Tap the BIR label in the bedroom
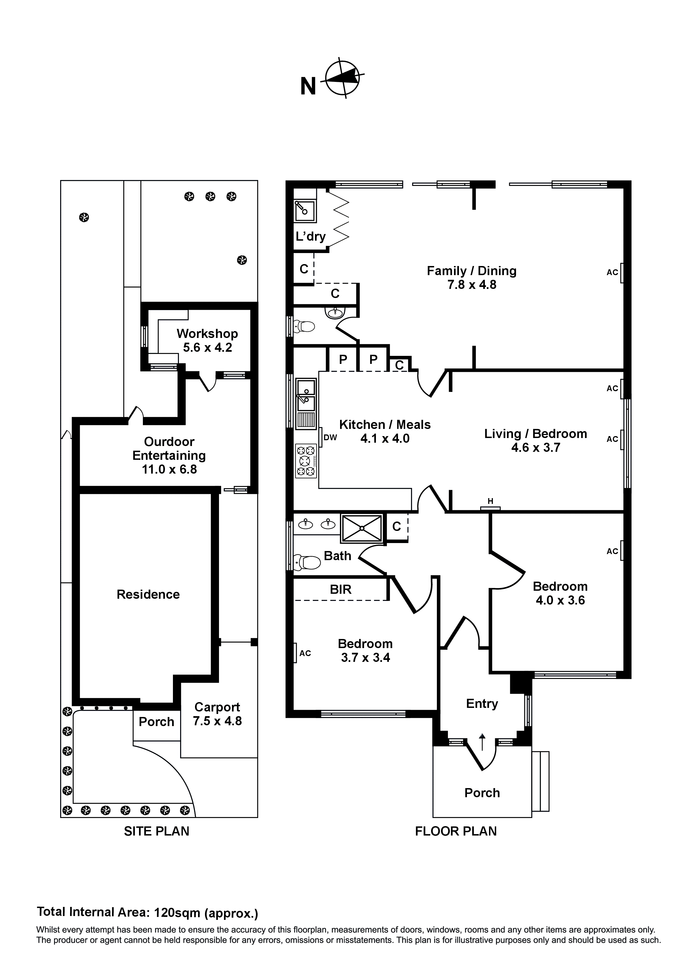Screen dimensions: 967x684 (x=341, y=589)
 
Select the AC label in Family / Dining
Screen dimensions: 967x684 (x=612, y=273)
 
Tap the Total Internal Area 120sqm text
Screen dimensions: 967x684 (x=148, y=912)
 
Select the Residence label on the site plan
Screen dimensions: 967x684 (x=148, y=594)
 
